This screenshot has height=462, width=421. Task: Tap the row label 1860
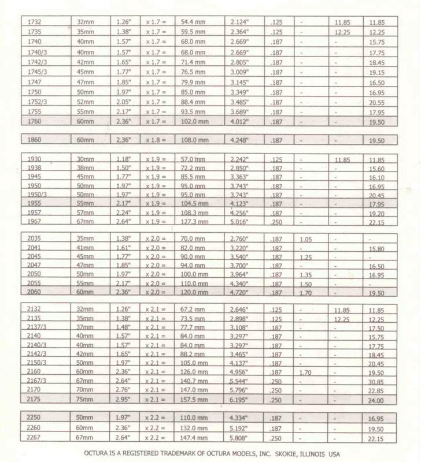tap(35, 139)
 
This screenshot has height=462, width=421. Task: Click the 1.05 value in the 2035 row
tap(305, 239)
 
